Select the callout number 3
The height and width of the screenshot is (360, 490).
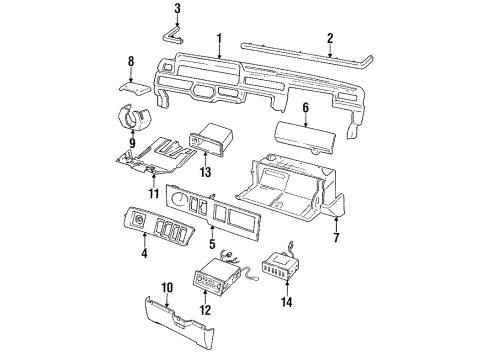(177, 10)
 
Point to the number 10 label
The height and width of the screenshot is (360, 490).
(168, 287)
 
